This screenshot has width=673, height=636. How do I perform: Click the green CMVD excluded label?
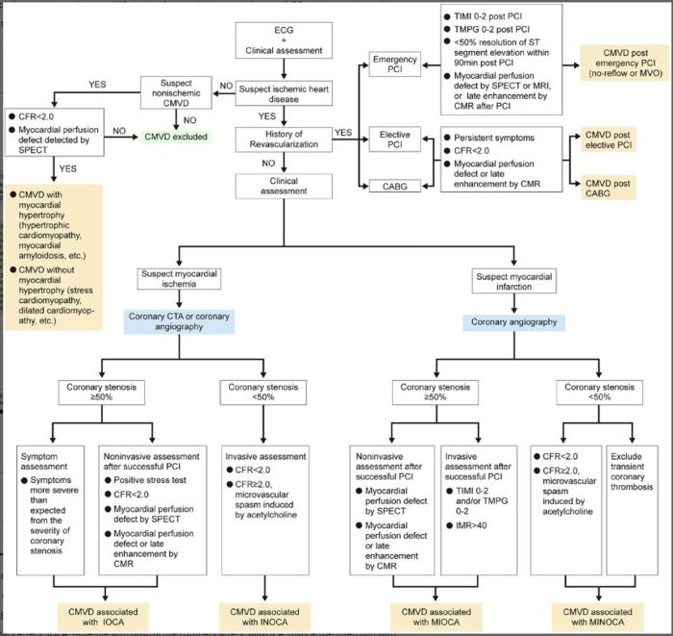click(x=177, y=138)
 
